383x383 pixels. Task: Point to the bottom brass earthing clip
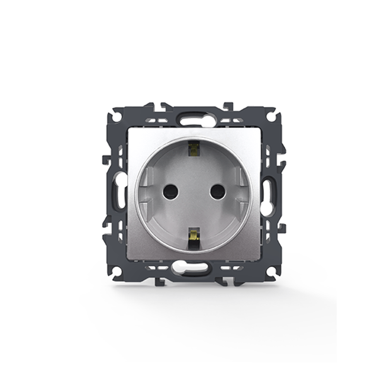click(194, 236)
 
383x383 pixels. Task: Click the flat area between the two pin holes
click(191, 191)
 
